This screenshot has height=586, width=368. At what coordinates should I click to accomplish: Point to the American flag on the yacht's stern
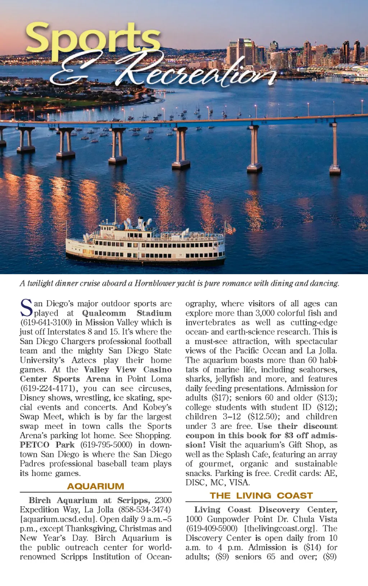[x=229, y=228]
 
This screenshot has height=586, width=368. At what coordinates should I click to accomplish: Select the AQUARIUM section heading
[x=96, y=486]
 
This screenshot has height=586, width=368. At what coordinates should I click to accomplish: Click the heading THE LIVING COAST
[x=261, y=496]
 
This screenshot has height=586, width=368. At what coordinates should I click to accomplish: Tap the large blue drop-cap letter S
[x=26, y=308]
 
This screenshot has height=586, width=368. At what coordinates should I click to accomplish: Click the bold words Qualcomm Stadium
[x=126, y=313]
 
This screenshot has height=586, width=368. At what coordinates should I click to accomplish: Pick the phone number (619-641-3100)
[x=46, y=323]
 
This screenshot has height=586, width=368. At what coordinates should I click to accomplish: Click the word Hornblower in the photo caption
[x=155, y=283]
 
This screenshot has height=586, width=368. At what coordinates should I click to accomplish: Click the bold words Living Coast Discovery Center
[x=265, y=510]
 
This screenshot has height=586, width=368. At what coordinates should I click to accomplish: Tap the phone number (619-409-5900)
[x=212, y=529]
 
